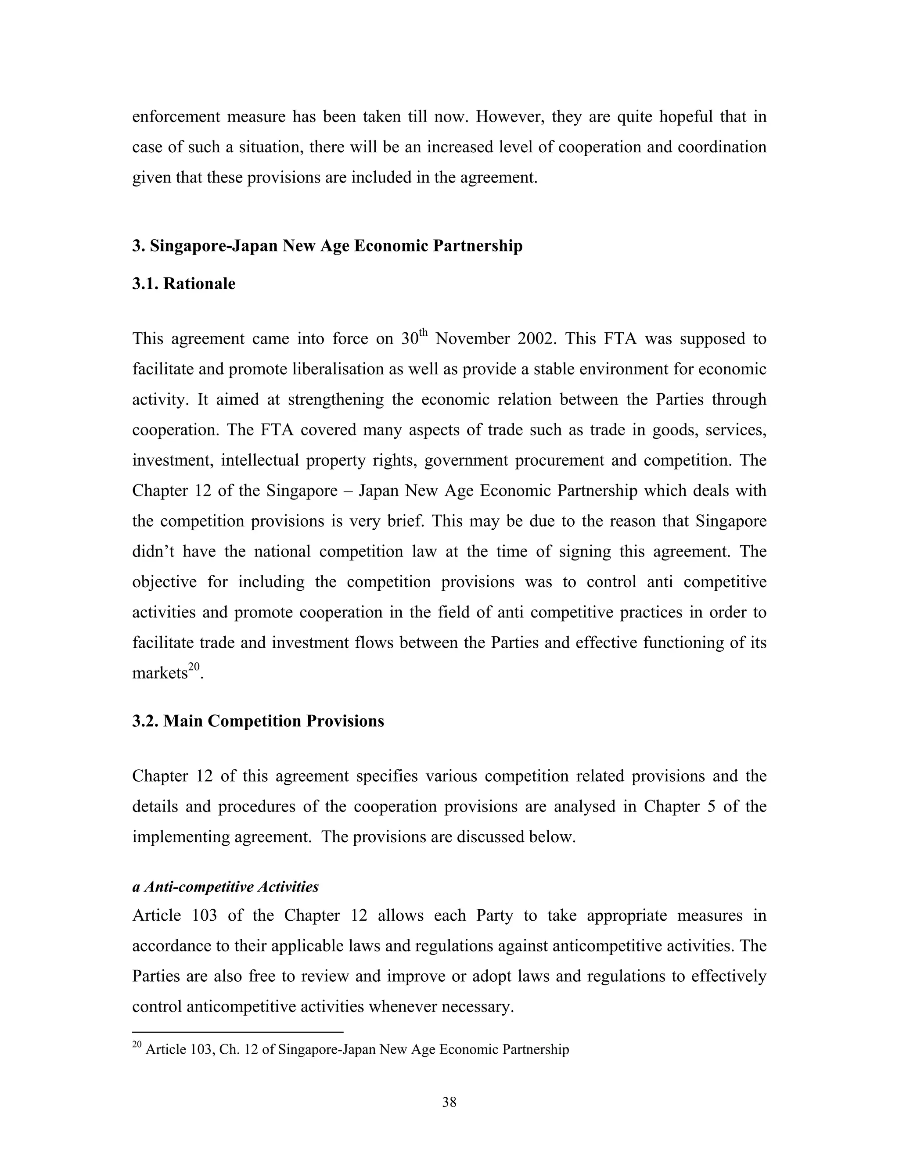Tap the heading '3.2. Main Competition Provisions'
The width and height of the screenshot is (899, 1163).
[x=258, y=721]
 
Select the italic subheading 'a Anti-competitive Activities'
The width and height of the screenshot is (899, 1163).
[x=225, y=887]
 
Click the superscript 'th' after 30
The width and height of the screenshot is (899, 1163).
[x=424, y=332]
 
